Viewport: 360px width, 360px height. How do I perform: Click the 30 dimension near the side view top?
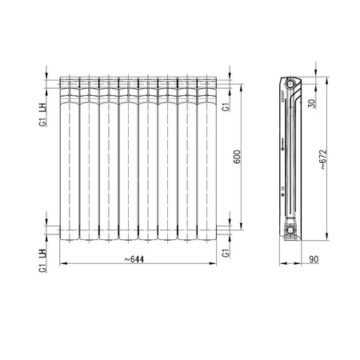[312, 102]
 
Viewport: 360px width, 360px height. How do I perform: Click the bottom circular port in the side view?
[291, 231]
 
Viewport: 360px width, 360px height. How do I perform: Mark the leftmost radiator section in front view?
[69, 158]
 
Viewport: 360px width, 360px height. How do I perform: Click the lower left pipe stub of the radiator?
[54, 231]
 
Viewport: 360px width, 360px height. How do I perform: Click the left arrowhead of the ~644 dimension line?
[62, 264]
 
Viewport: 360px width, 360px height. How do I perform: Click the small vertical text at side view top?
[283, 95]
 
